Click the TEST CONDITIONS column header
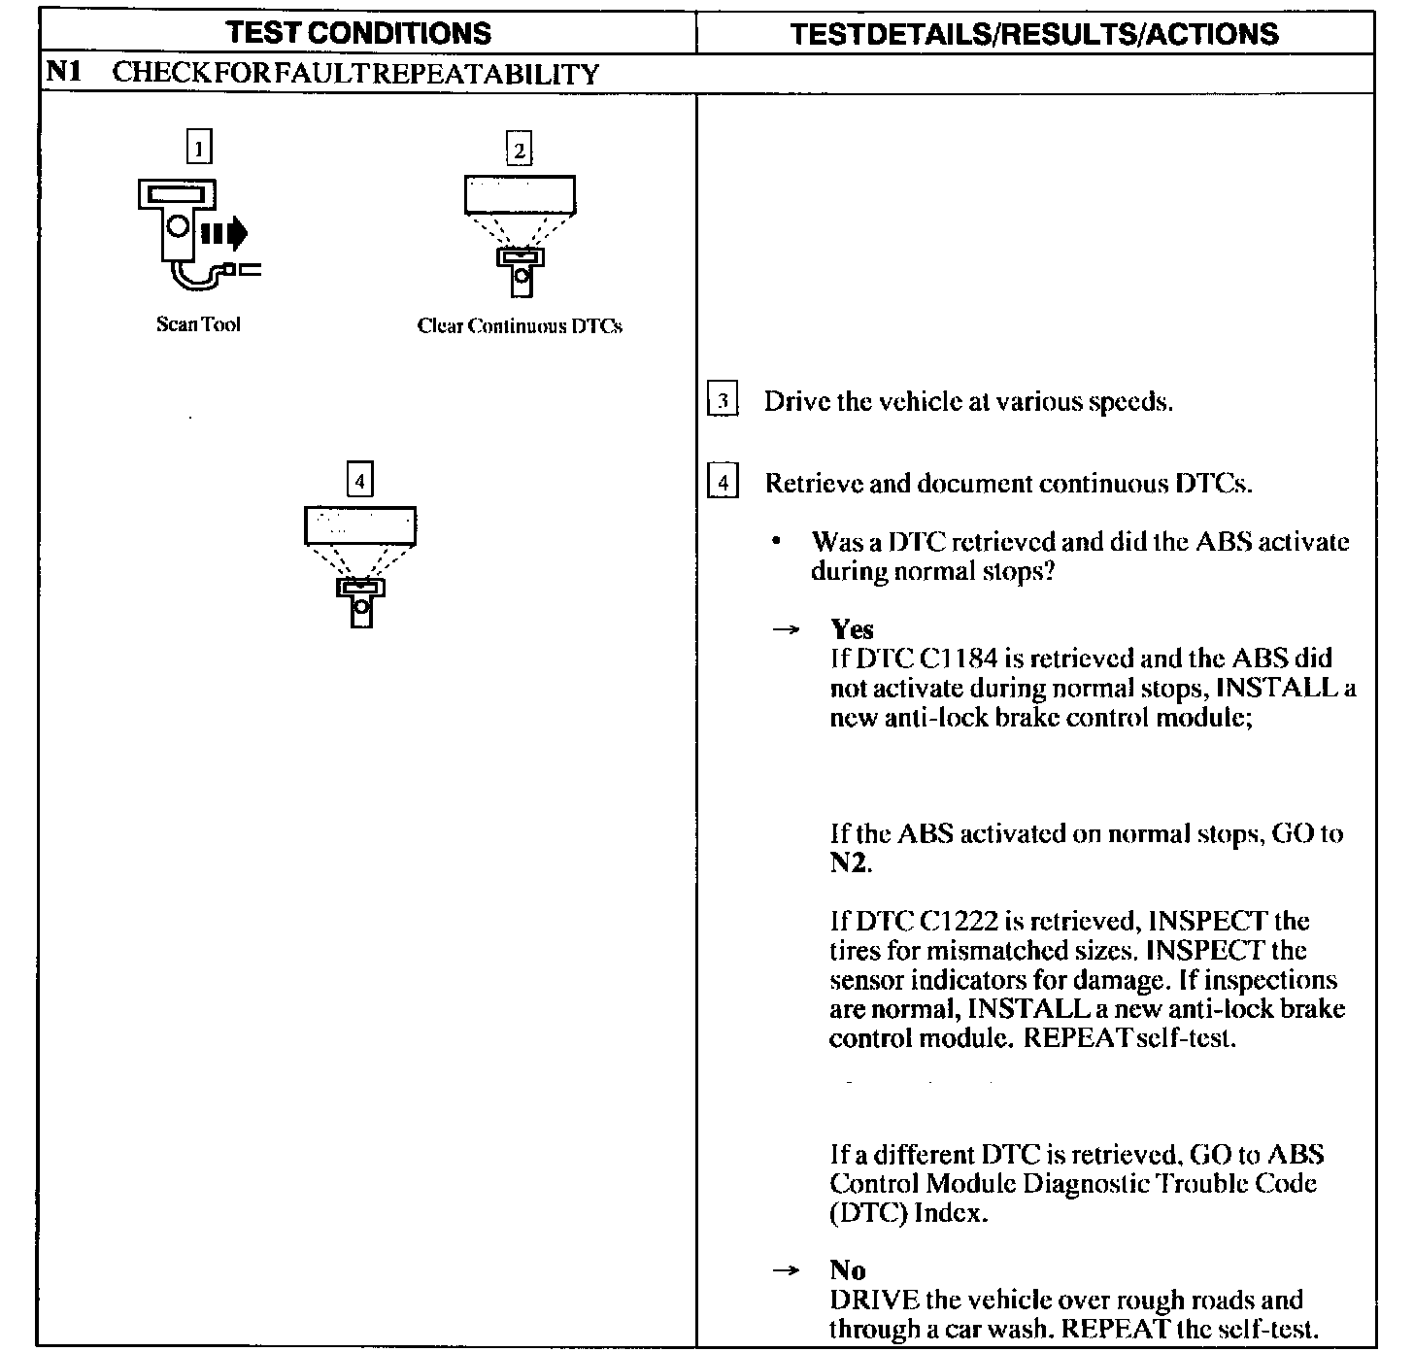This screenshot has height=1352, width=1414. [359, 33]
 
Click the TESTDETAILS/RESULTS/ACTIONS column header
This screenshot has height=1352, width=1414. [1034, 35]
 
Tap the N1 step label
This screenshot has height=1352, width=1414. [62, 73]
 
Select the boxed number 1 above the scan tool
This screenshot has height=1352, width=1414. [199, 149]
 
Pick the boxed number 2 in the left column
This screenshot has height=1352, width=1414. [520, 150]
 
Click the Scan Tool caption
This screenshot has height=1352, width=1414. [198, 324]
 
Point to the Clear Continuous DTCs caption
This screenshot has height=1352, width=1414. [520, 326]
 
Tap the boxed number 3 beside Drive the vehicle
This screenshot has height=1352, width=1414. [723, 401]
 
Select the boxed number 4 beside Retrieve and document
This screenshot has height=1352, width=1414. [723, 482]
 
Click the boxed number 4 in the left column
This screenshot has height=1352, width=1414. [360, 480]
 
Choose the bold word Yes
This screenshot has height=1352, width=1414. [852, 629]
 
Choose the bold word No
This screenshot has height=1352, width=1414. [848, 1269]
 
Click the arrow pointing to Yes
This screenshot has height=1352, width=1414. [786, 630]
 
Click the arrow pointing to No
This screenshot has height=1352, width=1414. [786, 1270]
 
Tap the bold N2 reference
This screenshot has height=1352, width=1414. [849, 862]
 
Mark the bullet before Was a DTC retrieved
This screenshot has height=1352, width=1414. [776, 542]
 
